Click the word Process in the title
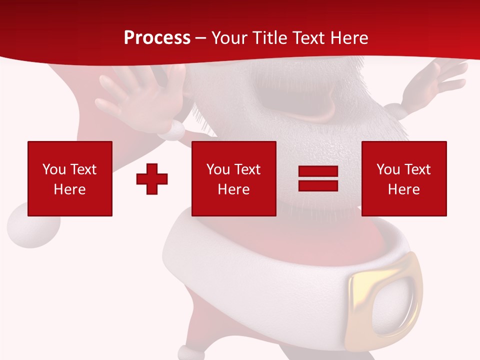coord(157,38)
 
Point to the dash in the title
coord(200,38)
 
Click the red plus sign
coord(152,178)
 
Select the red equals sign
coord(318,178)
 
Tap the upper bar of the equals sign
coord(318,171)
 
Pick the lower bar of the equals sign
coord(318,185)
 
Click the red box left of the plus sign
coord(70,178)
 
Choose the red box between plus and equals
coord(233,178)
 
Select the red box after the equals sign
coord(404,178)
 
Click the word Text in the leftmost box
coord(83,169)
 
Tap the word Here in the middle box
coord(233,189)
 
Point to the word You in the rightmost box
coord(388,169)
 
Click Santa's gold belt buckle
coord(385,295)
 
